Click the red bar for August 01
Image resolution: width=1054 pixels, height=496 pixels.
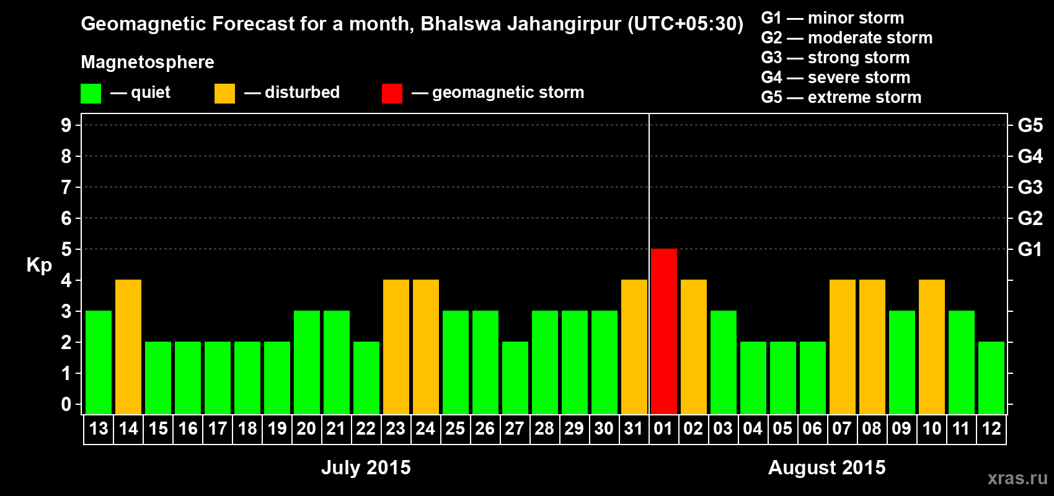click(x=664, y=331)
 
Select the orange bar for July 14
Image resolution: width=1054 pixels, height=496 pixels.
click(x=128, y=347)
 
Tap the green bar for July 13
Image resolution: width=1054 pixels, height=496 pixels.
click(x=99, y=362)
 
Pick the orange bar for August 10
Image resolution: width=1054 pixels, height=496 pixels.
click(x=932, y=347)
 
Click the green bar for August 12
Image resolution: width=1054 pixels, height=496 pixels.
click(x=991, y=378)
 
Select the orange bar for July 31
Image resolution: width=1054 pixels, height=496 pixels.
click(x=634, y=347)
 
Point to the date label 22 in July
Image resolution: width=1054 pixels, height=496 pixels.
click(x=366, y=429)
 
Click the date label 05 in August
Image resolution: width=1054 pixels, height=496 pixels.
click(x=782, y=429)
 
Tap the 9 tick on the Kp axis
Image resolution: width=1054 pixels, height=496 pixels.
click(x=66, y=125)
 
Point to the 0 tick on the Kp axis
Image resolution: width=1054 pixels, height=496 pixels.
click(x=66, y=405)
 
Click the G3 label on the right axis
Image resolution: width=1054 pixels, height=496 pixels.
click(x=1030, y=187)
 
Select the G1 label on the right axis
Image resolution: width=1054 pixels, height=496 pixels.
click(x=1030, y=249)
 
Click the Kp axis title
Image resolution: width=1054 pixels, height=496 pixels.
click(x=39, y=265)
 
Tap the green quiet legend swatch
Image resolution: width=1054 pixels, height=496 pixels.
click(x=91, y=94)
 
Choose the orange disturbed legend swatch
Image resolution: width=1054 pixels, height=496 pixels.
click(x=224, y=94)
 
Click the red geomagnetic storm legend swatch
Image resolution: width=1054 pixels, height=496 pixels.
click(x=392, y=94)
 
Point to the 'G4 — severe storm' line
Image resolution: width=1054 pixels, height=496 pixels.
click(x=835, y=77)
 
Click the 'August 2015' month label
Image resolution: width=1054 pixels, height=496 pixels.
click(x=826, y=467)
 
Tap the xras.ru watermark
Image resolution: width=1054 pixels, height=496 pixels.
click(x=1017, y=478)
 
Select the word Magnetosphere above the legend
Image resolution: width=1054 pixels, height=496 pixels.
click(x=148, y=62)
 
